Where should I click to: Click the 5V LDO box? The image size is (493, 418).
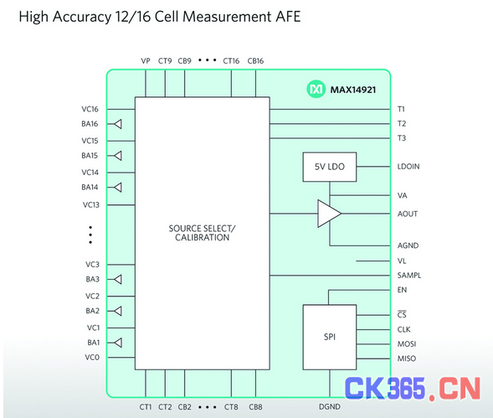[330, 167]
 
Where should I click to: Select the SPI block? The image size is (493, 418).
[330, 337]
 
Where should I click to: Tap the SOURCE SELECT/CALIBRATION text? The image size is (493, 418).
[203, 233]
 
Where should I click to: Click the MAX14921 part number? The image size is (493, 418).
[352, 90]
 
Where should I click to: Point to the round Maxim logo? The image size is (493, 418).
[316, 90]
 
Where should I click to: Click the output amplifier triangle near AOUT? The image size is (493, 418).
[329, 214]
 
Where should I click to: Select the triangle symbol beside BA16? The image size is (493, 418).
[118, 124]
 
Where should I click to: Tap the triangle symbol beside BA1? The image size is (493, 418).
[118, 343]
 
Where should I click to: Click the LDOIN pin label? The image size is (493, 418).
[408, 167]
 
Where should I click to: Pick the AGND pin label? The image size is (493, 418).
[408, 245]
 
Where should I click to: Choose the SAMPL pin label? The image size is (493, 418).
[409, 276]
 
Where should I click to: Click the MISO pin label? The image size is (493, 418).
[407, 359]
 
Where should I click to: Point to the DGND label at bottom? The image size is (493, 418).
[330, 406]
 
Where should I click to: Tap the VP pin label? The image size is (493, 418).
[146, 61]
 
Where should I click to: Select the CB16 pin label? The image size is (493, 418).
[255, 61]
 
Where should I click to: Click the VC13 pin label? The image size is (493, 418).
[91, 205]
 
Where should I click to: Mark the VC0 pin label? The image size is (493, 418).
[92, 357]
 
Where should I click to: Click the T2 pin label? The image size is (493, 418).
[402, 124]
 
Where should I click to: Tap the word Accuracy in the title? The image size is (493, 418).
[82, 17]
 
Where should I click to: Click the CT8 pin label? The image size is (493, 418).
[231, 407]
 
